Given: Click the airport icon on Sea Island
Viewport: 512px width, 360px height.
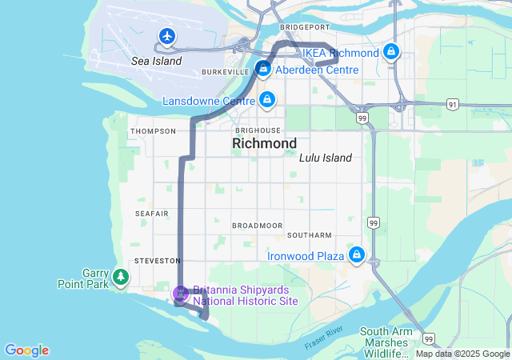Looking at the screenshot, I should pos(166,36).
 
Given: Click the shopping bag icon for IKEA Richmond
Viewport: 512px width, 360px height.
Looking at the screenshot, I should pos(390,52).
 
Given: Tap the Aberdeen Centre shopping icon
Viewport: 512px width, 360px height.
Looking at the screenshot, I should pos(262,70).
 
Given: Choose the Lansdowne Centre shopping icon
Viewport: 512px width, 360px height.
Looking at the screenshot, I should pos(267,101).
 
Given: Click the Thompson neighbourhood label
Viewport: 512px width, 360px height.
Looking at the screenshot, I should pos(153,131).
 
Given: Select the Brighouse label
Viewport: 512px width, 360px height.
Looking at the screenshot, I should pos(258,130).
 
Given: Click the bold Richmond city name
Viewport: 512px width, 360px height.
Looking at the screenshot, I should pos(264,144).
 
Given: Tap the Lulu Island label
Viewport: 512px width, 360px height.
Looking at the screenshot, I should pos(325,158).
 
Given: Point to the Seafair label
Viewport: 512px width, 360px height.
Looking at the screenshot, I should pos(151,214).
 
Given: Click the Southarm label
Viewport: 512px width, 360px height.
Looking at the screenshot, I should pos(309,235).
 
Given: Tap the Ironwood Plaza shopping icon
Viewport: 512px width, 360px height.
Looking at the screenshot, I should pos(356,256).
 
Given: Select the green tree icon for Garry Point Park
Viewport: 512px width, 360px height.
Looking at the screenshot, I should pos(121,277).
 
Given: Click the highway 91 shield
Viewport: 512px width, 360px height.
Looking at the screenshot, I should pos(452,104).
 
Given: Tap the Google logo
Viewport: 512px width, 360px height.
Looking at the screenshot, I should pos(26,350).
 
